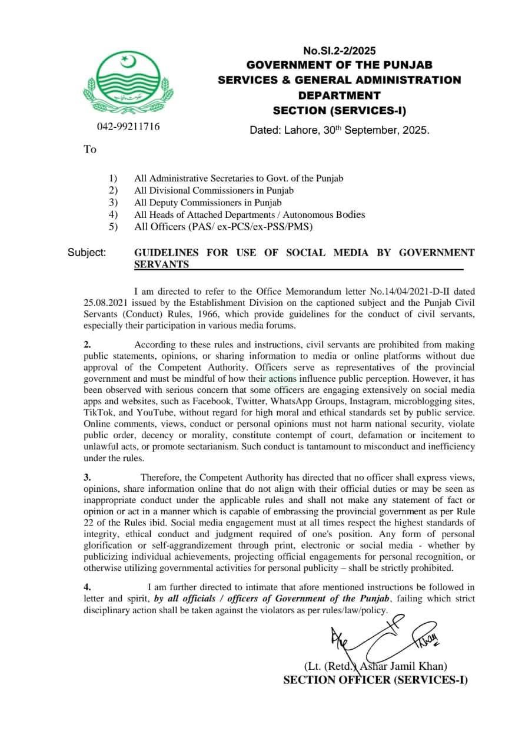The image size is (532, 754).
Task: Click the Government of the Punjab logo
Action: click(128, 82)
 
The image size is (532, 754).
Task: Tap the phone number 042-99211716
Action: click(128, 127)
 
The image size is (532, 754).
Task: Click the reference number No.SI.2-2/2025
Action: click(339, 51)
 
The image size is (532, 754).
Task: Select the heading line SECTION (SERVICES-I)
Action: click(339, 110)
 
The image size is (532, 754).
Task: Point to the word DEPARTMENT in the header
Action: click(339, 95)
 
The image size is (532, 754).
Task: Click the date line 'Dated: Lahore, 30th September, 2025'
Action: click(340, 130)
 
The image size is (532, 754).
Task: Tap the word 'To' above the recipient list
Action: click(89, 150)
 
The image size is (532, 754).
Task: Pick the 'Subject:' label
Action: click(87, 253)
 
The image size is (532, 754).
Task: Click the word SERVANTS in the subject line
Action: click(161, 264)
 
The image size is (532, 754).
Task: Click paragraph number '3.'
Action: click(87, 478)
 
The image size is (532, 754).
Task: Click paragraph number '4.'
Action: click(87, 587)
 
